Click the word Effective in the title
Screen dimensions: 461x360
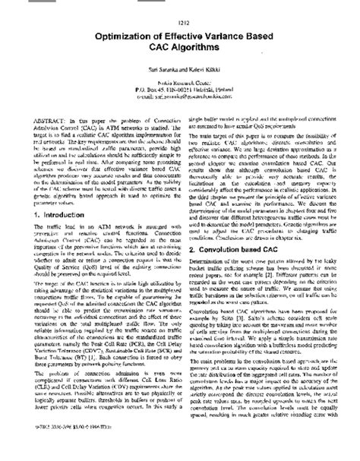point(178,33)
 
